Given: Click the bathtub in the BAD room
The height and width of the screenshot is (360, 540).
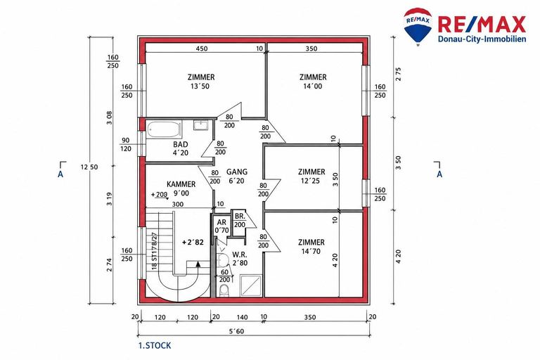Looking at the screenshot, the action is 165,129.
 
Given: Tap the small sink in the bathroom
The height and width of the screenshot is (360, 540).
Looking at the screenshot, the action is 200,125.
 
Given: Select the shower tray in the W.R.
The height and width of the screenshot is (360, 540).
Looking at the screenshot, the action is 251,285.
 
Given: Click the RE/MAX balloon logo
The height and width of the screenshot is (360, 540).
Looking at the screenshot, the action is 418,27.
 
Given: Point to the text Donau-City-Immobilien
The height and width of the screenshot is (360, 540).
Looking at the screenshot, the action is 482,39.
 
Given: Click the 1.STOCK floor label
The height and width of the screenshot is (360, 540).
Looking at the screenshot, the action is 155,345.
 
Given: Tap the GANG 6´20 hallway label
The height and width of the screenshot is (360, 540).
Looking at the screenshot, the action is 236,176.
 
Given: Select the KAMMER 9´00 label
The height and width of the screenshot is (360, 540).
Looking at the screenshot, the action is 181,188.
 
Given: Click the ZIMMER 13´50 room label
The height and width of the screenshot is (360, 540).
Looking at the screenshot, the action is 201,82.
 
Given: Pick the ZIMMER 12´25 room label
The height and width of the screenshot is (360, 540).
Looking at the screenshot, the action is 311,176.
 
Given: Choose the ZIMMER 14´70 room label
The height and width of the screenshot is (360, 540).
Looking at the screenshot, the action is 311,247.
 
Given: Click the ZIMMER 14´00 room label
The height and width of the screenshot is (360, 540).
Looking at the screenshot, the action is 313,82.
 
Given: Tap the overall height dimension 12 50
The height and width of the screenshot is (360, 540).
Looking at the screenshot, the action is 89,167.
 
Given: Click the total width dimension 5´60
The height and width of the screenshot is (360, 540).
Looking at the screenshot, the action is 236,331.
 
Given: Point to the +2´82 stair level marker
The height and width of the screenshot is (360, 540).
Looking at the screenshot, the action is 193,243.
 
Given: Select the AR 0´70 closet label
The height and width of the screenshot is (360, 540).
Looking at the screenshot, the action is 221,226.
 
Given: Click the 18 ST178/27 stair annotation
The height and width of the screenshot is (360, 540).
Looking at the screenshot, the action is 154,251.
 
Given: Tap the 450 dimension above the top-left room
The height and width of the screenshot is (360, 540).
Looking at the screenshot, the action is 202,49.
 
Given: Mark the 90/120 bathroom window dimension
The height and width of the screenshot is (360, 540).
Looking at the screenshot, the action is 126,145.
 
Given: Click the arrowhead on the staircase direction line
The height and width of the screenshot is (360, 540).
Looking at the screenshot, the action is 198,264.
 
